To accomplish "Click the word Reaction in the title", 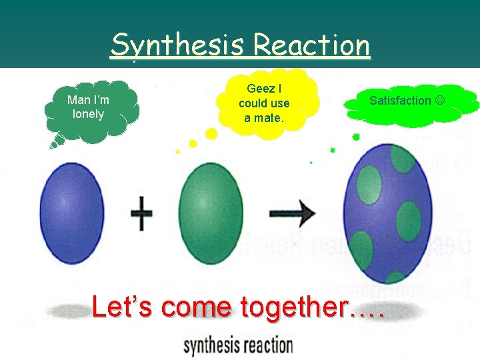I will [x=311, y=45].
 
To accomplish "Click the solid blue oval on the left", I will [x=72, y=213].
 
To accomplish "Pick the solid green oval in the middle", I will [x=212, y=207].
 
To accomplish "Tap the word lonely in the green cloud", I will [x=88, y=114].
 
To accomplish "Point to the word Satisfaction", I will [x=400, y=101].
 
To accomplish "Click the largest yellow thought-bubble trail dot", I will [x=211, y=134].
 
